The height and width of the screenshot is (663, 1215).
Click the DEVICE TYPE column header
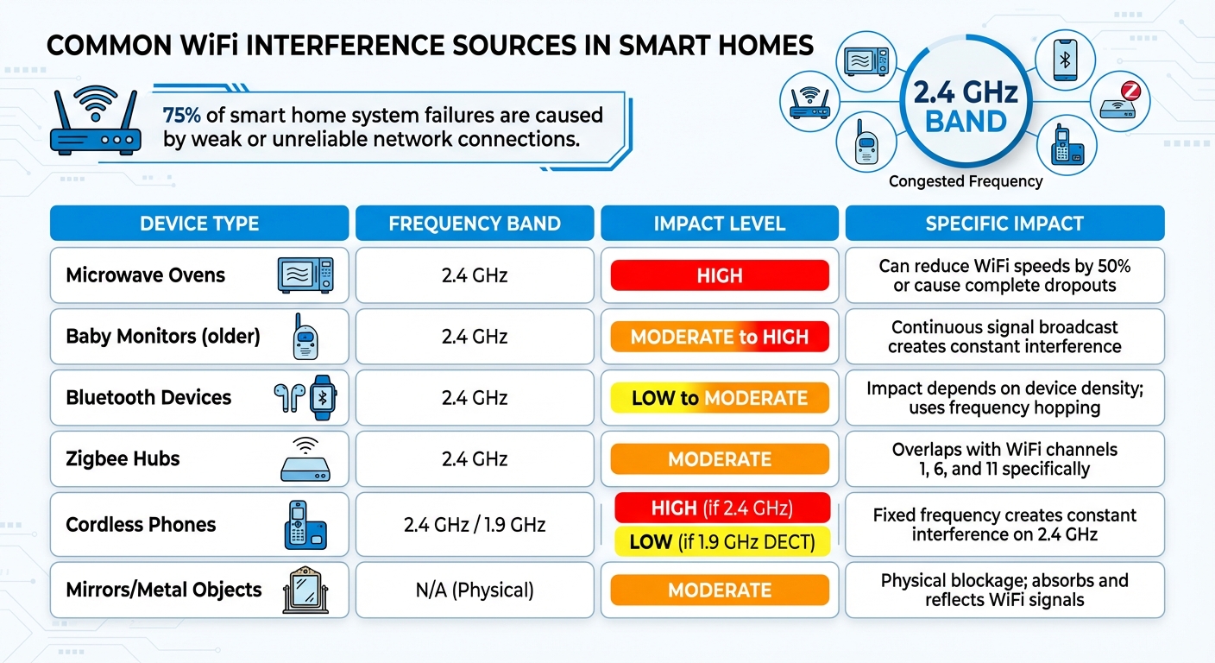point(199,224)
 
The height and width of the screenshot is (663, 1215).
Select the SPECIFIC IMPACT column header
point(1004,224)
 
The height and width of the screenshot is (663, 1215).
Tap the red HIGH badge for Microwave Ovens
point(719,275)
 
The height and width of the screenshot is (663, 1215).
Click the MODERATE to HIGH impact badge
point(719,337)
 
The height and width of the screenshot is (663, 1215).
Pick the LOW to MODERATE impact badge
point(719,398)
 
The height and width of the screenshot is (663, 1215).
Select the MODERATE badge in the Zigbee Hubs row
point(719,459)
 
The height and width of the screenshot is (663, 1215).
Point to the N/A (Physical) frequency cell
point(474,590)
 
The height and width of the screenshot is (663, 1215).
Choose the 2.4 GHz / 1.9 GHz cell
point(474,525)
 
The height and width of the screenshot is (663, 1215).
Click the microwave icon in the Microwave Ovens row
point(304,275)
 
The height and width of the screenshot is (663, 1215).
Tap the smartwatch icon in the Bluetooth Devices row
point(324,398)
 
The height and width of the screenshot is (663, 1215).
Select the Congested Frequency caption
point(966,181)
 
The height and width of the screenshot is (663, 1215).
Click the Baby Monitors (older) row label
point(163,337)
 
